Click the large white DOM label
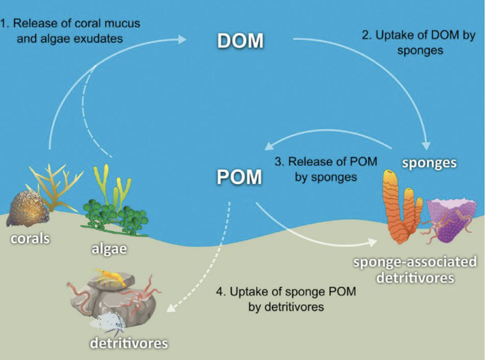click(239, 41)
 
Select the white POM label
click(239, 177)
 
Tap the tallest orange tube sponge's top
click(391, 177)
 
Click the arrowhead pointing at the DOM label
click(185, 39)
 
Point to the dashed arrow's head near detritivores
click(170, 312)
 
